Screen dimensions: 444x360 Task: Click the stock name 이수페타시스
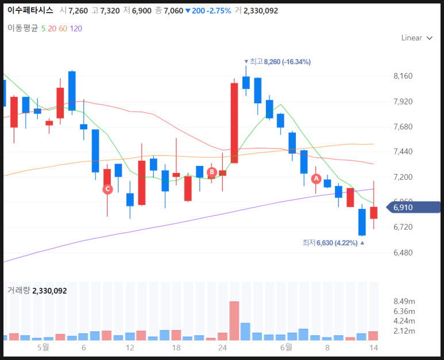30,10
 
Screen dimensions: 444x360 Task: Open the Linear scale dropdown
417,38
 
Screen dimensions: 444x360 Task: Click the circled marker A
316,179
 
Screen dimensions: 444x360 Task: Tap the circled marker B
212,172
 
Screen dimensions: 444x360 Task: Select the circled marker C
107,189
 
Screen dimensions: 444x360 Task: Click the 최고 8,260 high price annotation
277,61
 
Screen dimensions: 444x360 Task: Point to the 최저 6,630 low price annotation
333,243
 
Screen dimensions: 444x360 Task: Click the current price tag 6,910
414,207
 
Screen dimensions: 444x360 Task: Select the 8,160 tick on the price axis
403,76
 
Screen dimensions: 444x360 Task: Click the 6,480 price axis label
403,253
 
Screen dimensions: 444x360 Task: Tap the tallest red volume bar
234,320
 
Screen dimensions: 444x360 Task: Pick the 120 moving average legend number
76,29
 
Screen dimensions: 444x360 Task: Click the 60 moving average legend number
63,29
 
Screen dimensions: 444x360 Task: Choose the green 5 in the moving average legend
43,29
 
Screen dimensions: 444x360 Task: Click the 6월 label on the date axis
286,347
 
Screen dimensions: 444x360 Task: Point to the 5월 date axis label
43,347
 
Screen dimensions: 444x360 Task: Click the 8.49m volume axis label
404,301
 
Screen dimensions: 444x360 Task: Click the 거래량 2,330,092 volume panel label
37,291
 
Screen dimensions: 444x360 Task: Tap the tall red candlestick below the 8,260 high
234,123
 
